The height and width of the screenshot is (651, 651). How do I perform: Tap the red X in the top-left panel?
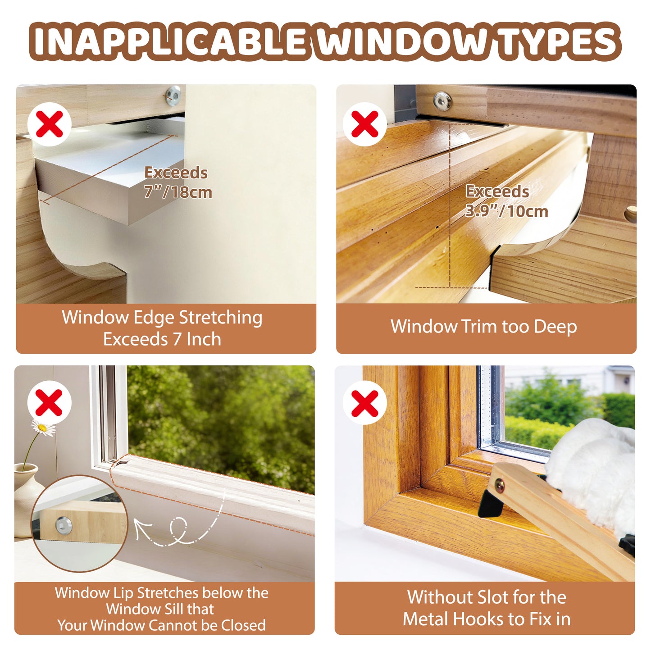click(50, 124)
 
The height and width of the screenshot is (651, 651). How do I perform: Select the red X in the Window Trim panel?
click(365, 124)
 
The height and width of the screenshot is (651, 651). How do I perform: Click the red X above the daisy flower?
click(49, 403)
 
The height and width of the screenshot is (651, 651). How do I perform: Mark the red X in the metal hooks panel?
click(365, 403)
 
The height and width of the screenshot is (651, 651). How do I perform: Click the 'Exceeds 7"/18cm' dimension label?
click(177, 182)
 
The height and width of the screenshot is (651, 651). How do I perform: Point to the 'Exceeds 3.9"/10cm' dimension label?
click(505, 201)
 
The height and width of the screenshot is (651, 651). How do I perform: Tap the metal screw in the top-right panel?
click(442, 100)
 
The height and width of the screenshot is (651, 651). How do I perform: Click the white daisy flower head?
click(43, 427)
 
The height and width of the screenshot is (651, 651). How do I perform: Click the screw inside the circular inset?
click(62, 525)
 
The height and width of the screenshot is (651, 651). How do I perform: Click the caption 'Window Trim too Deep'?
click(483, 327)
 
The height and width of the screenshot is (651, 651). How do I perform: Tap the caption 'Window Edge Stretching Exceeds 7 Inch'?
click(162, 328)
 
